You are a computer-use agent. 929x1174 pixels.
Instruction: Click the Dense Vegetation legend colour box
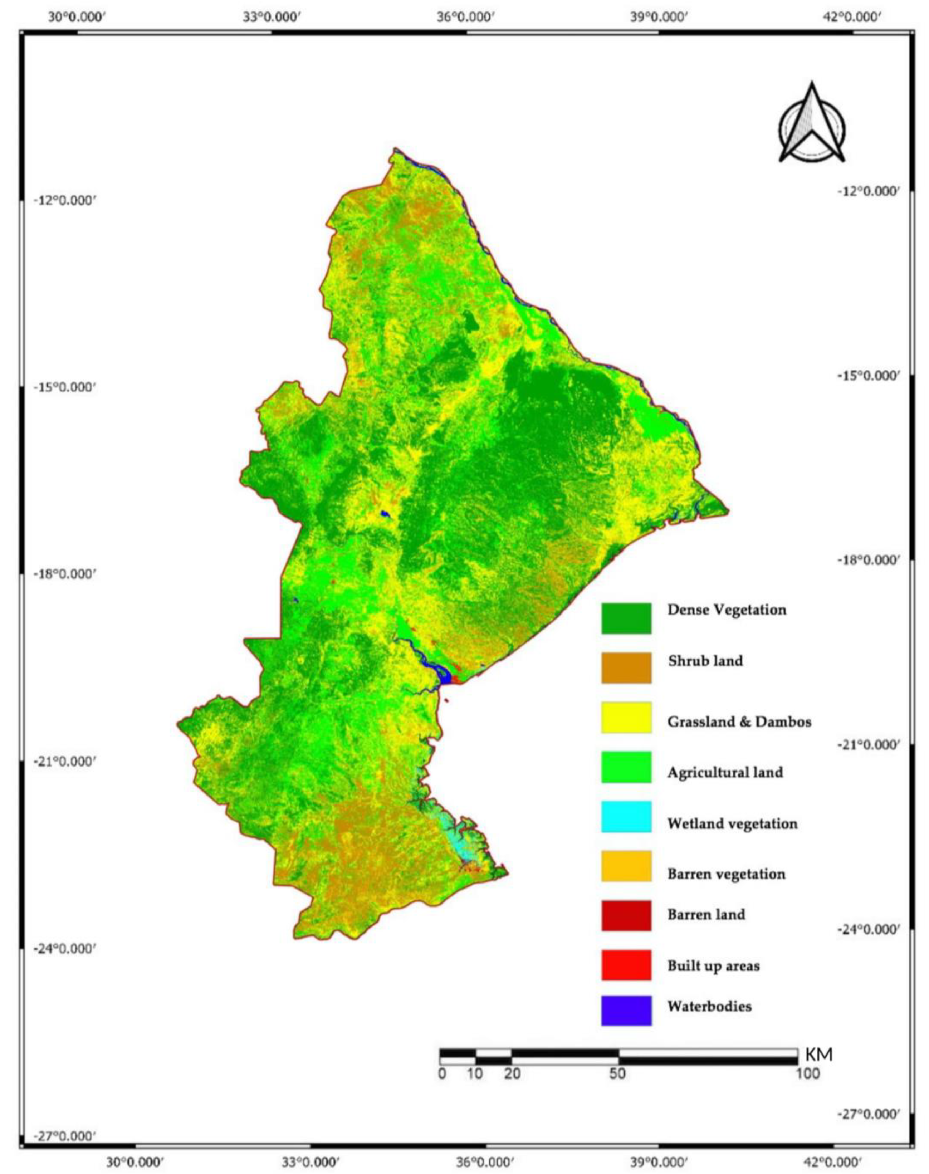[x=626, y=618]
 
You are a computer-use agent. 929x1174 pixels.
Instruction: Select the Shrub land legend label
[x=705, y=661]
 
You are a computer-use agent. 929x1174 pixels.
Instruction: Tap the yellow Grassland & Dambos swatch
[x=626, y=718]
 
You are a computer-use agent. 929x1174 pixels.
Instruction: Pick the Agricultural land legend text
[x=725, y=772]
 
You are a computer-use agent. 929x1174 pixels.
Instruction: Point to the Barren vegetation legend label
[x=726, y=874]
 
